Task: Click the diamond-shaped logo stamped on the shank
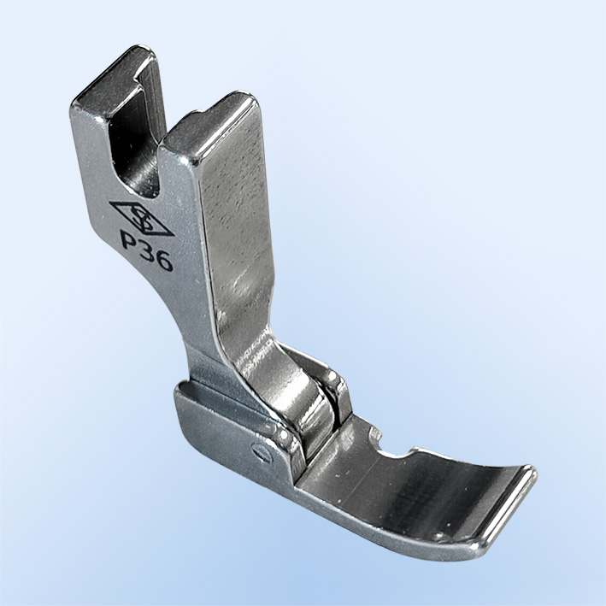pyautogui.click(x=141, y=219)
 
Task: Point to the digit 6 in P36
pyautogui.click(x=164, y=262)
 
